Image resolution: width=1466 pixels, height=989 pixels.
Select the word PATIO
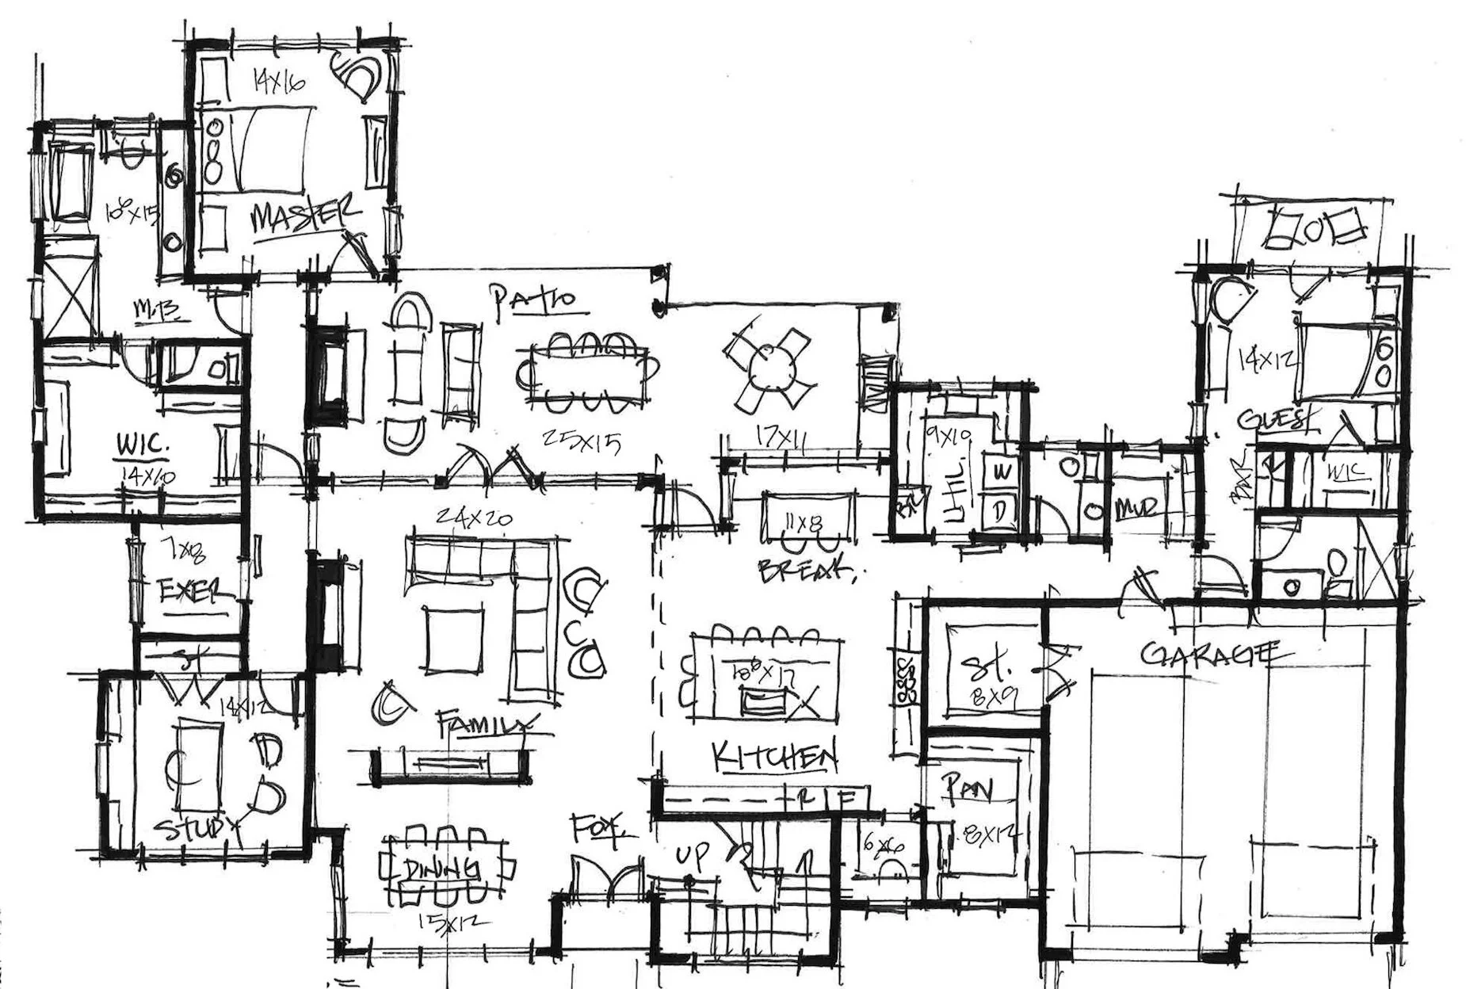pyautogui.click(x=532, y=303)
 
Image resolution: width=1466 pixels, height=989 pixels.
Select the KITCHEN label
pyautogui.click(x=774, y=757)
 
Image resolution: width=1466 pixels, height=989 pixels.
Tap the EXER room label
pyautogui.click(x=193, y=592)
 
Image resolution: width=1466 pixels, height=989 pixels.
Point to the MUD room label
pyautogui.click(x=1140, y=507)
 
